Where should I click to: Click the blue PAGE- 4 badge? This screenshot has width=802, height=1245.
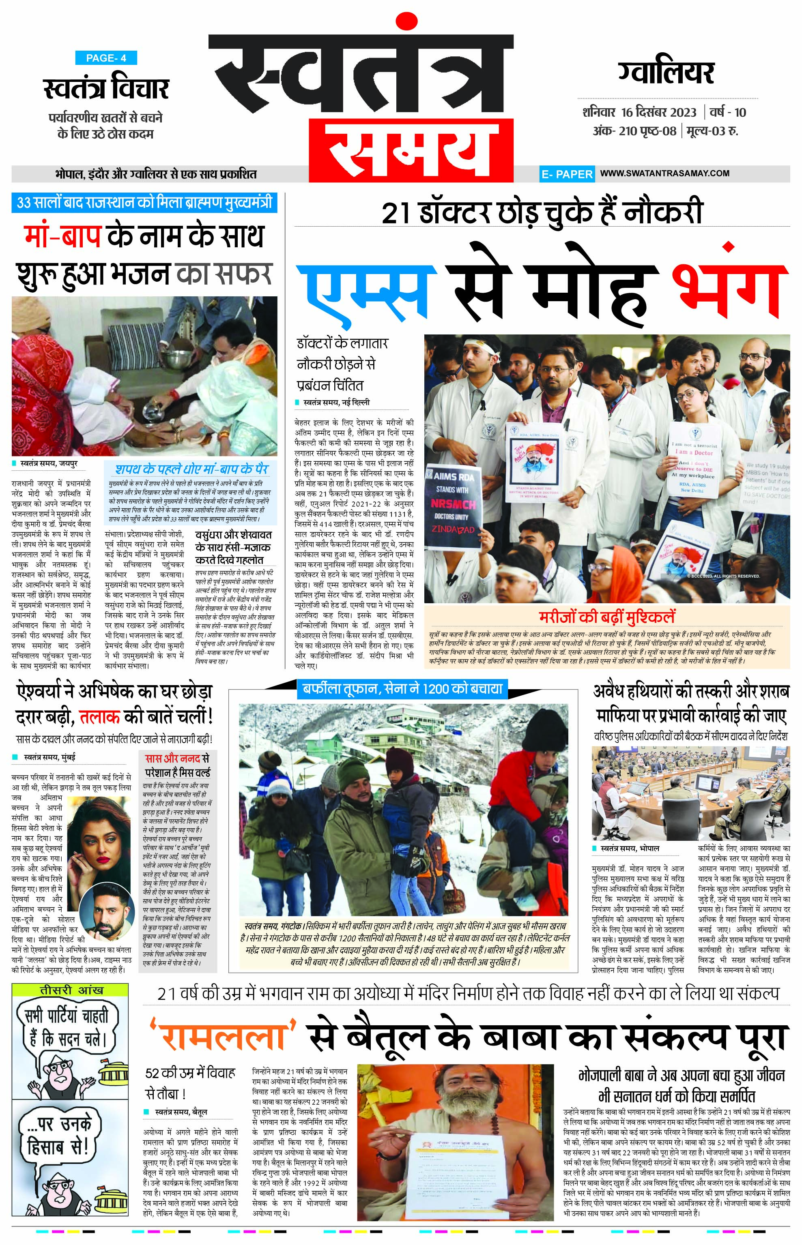[x=106, y=58]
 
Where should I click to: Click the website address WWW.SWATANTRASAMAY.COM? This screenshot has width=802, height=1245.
[x=664, y=174]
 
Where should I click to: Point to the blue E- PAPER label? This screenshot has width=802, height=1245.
[x=567, y=174]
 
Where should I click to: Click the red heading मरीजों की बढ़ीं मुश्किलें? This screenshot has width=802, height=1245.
[x=607, y=617]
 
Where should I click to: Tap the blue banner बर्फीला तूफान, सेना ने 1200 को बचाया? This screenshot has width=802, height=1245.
[x=402, y=689]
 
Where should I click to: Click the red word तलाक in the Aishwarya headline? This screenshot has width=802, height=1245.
[x=100, y=717]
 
